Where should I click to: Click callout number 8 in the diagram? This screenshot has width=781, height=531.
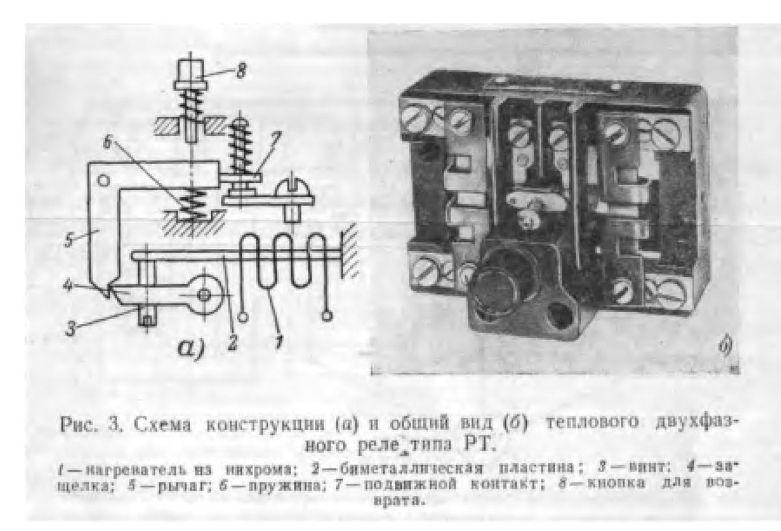[242, 71]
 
